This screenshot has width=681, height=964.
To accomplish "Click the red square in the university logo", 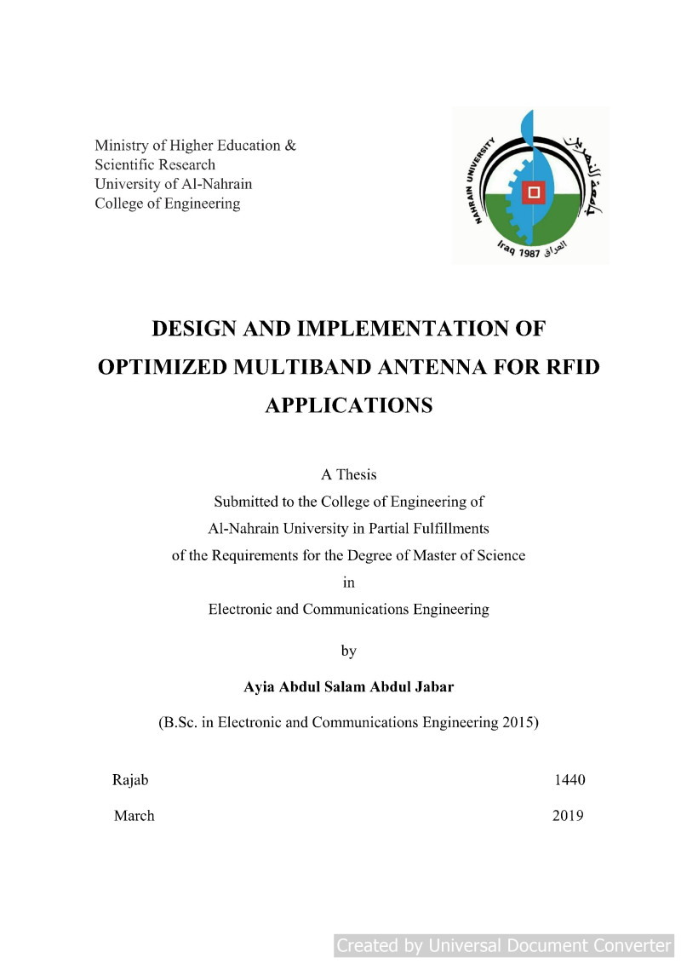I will coord(534,193).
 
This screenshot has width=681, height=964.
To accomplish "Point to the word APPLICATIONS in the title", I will coord(348,406).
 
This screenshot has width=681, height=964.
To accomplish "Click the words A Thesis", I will coord(348,474).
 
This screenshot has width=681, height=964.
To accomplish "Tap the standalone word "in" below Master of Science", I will coord(348,582).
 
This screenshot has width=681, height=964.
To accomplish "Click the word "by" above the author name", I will coord(348,651).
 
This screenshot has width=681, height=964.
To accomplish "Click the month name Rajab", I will coord(130,780).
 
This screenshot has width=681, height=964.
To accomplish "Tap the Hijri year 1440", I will coord(569,780).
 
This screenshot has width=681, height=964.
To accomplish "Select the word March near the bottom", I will coord(134,816).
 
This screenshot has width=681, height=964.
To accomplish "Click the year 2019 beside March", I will coord(568,816).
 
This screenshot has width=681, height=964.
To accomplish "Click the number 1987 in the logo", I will coord(526,253).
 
